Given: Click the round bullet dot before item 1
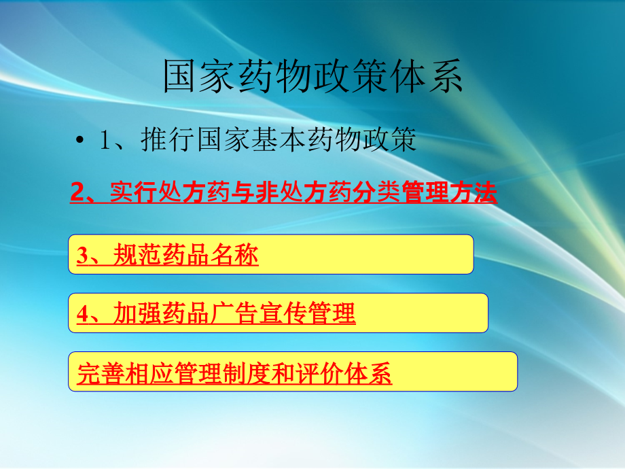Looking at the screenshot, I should pos(80,141).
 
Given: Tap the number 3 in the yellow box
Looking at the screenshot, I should pos(82,256).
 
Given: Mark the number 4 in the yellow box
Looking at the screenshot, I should pos(82,314).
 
